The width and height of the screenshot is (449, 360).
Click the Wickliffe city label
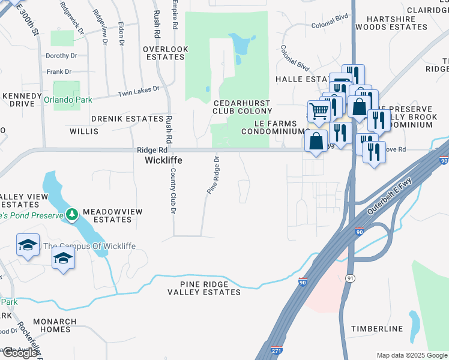tap(163, 161)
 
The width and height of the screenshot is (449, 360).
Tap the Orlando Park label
tap(68, 100)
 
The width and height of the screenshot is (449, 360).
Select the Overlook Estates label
tap(166, 53)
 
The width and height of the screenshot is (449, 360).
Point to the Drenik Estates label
tap(127, 119)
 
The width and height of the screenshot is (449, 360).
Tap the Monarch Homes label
tap(60, 325)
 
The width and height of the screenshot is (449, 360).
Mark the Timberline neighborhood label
tap(377, 329)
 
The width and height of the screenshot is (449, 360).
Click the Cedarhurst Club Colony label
tap(242, 107)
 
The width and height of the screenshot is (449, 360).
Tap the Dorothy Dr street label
tap(62, 55)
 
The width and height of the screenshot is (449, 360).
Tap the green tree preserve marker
tap(72, 214)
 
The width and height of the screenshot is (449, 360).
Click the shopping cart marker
tap(318, 110)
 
